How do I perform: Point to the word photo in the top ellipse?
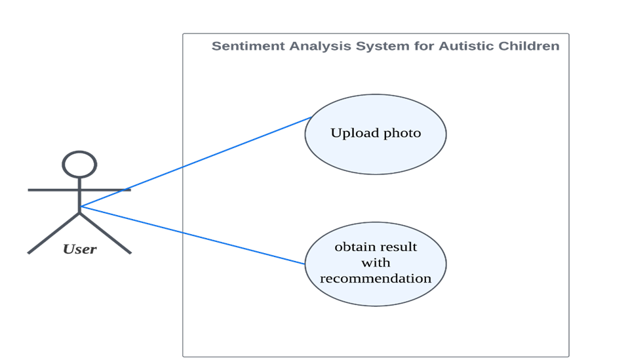pyautogui.click(x=402, y=134)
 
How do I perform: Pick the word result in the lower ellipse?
pyautogui.click(x=400, y=247)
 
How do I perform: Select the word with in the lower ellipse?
pyautogui.click(x=376, y=263)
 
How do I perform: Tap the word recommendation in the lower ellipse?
pyautogui.click(x=376, y=279)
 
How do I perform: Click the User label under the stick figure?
pyautogui.click(x=79, y=249)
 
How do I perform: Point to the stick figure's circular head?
pyautogui.click(x=79, y=164)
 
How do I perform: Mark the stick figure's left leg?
pyautogui.click(x=52, y=231)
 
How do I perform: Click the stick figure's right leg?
pyautogui.click(x=106, y=231)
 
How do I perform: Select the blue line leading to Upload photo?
pyautogui.click(x=197, y=162)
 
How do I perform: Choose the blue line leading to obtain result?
pyautogui.click(x=197, y=236)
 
